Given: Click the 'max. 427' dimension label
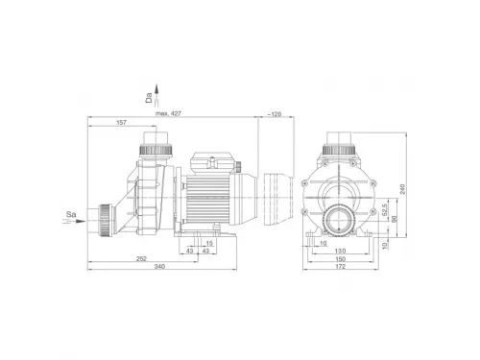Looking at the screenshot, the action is pos(168,113).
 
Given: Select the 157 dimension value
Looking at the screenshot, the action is pos(122,122).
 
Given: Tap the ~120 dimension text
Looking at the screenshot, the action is pos(275,114).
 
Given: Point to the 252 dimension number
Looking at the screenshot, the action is pos(141,258).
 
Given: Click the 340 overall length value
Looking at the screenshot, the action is pos(159,266).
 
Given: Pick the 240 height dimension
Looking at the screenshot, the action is pos(402,189).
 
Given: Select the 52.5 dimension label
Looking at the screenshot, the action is pos(385,209).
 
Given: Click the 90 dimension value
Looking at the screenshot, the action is pos(395,219).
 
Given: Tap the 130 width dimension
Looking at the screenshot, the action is pos(340,251).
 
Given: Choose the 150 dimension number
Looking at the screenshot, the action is pos(340,258).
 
